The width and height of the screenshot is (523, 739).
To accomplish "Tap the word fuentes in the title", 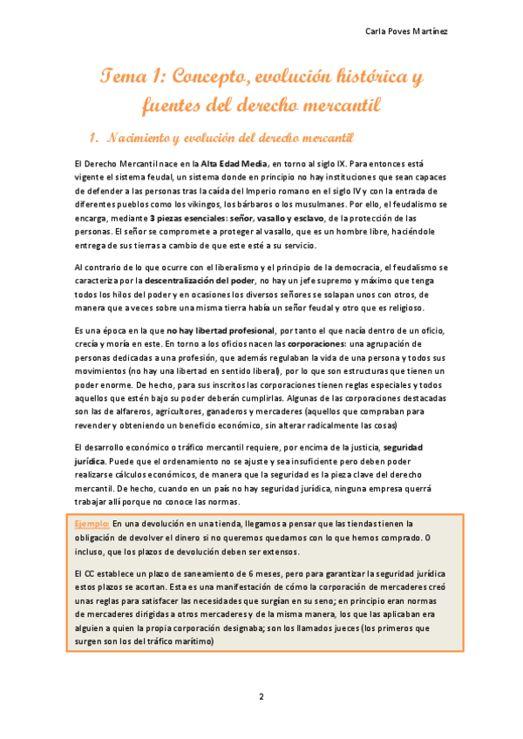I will pyautogui.click(x=179, y=106).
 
